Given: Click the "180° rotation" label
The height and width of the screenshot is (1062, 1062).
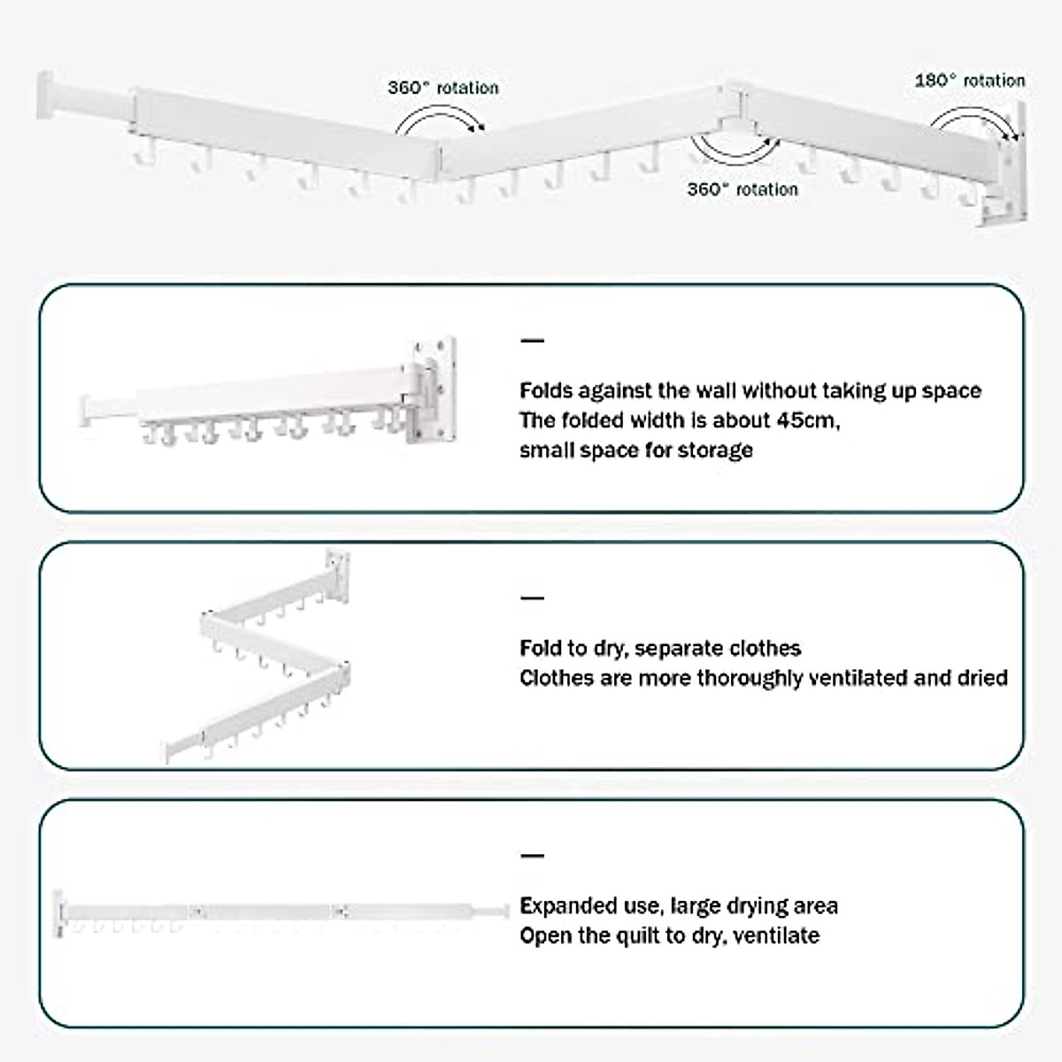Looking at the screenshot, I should [969, 81].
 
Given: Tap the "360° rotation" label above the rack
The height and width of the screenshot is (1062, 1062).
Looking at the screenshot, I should [442, 88].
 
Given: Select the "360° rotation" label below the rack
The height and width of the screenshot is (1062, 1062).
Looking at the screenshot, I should [742, 189].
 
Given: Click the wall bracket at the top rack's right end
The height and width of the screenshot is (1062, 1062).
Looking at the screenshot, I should [1006, 168].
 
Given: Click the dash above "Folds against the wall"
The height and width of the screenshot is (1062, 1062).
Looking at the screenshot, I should [532, 341].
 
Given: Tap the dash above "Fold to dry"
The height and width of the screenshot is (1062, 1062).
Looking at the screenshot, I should [532, 598].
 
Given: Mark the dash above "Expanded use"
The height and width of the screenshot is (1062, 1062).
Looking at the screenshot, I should [532, 856].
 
